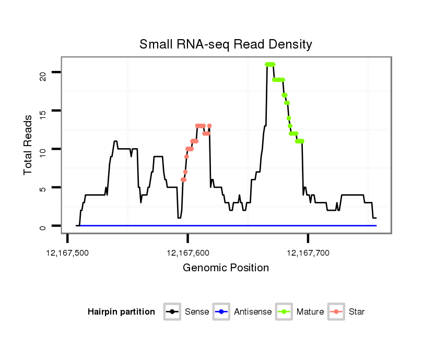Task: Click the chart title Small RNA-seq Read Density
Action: pyautogui.click(x=226, y=44)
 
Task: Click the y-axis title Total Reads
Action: pyautogui.click(x=29, y=145)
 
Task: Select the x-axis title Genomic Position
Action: pyautogui.click(x=226, y=268)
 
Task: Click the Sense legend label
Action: pyautogui.click(x=197, y=312)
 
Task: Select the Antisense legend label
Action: pyautogui.click(x=253, y=312)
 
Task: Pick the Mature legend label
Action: pyautogui.click(x=310, y=312)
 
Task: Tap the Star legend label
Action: pyautogui.click(x=357, y=312)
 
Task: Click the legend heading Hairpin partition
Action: pyautogui.click(x=121, y=312)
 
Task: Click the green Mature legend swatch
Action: pyautogui.click(x=285, y=312)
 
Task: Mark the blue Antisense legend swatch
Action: pyautogui.click(x=222, y=312)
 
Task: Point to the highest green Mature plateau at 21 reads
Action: pyautogui.click(x=270, y=65)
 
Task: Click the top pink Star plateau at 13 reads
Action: pyautogui.click(x=201, y=126)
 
